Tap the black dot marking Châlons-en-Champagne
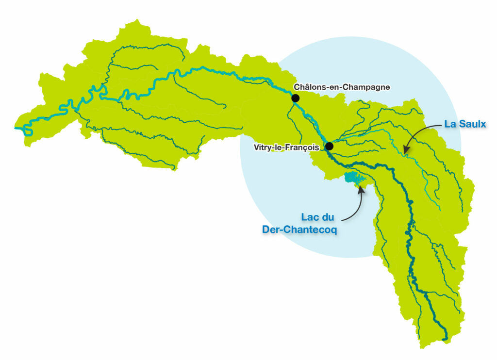pos(295,98)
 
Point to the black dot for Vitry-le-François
pos(329,146)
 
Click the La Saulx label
pos(465,124)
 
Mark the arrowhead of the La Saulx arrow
pos(406,151)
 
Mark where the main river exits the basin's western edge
pos(17,129)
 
